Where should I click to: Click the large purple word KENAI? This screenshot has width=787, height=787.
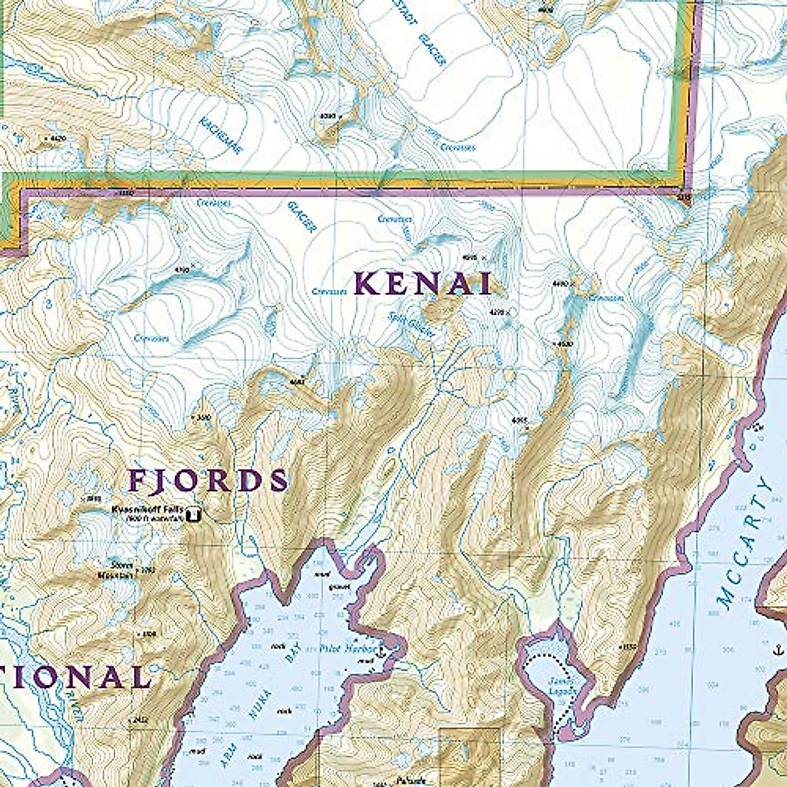423,283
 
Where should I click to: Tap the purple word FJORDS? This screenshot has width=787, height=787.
208,481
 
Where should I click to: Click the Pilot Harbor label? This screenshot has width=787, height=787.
347,648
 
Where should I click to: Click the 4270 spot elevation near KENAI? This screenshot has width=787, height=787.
500,313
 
